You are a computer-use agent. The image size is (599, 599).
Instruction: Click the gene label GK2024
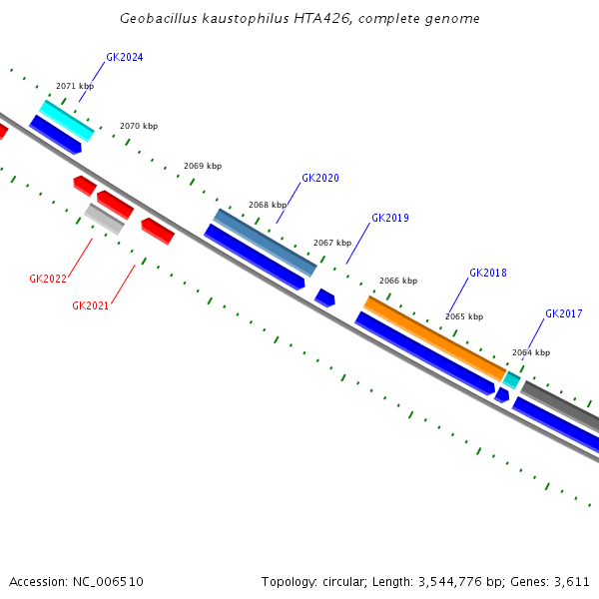tap(124, 58)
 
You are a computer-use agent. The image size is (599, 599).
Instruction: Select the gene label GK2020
tap(320, 179)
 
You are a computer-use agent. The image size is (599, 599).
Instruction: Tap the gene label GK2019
tap(389, 218)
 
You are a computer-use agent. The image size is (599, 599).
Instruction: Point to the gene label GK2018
tap(487, 274)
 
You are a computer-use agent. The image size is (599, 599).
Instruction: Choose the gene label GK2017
tap(563, 314)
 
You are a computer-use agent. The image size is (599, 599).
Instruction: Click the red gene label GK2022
tap(48, 279)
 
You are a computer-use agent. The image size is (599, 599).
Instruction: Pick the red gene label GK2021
tap(90, 305)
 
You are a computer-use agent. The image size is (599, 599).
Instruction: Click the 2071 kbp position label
tap(75, 87)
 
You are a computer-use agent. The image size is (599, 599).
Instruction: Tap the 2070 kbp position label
tap(139, 127)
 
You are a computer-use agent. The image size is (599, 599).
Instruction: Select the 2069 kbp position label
tap(203, 166)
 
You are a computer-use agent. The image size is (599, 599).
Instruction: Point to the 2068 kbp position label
tap(268, 205)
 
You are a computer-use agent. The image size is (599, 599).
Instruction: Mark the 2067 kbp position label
tap(332, 243)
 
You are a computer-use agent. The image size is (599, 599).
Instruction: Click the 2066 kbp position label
tap(398, 282)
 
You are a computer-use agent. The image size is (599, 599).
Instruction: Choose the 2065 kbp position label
tap(464, 316)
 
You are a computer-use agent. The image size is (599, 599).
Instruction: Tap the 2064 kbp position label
tap(531, 352)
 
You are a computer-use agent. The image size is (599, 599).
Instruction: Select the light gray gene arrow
tap(104, 219)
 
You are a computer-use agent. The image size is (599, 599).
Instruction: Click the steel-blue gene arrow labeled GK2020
tap(266, 243)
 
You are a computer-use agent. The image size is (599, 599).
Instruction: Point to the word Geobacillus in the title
tap(154, 19)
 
